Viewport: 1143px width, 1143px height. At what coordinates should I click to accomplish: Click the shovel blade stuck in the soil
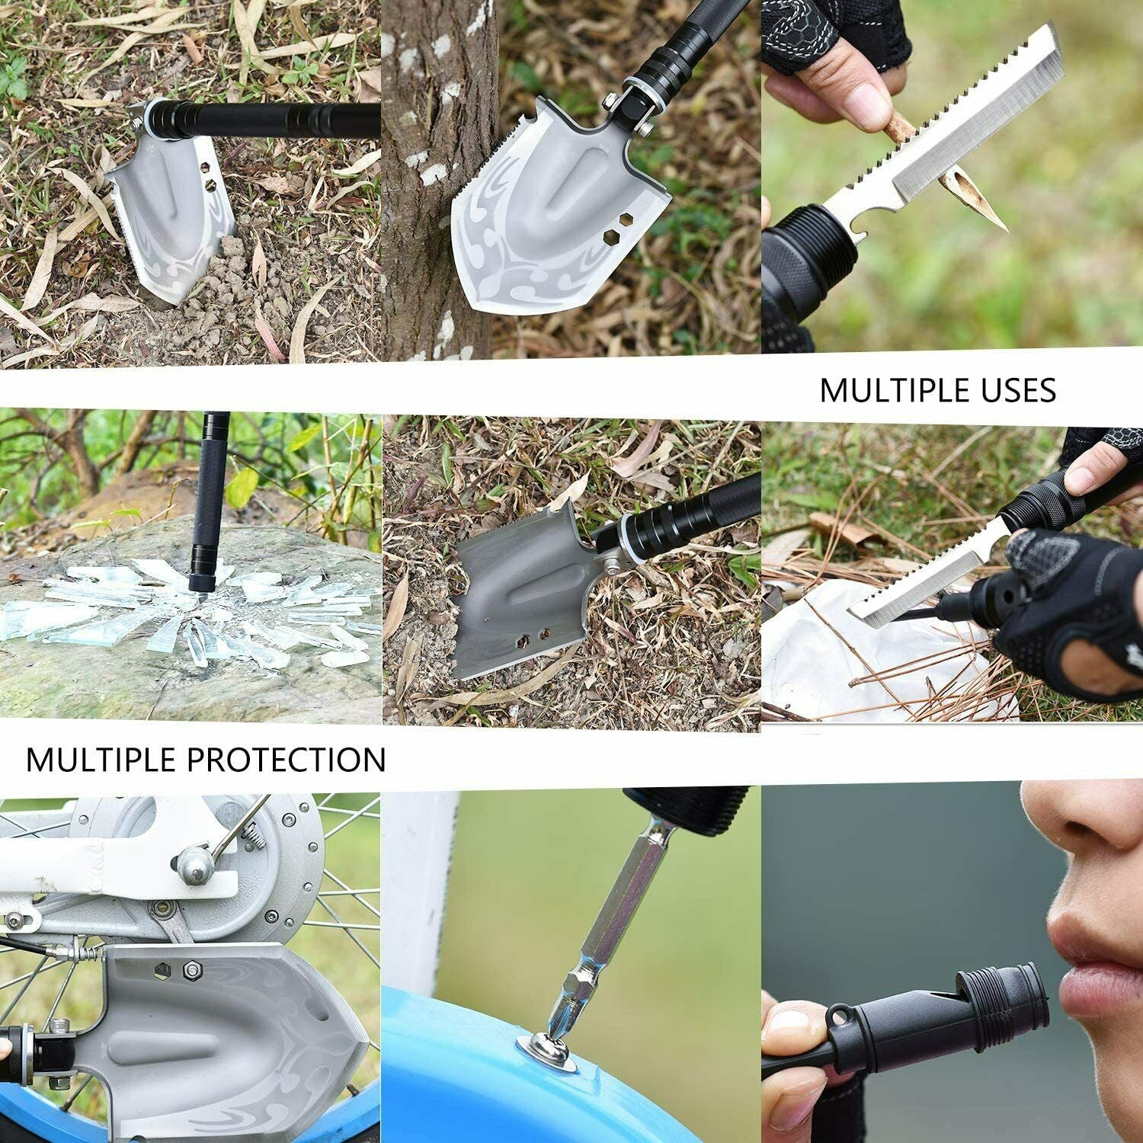171,221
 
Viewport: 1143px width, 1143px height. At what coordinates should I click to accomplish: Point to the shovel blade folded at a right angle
518,602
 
